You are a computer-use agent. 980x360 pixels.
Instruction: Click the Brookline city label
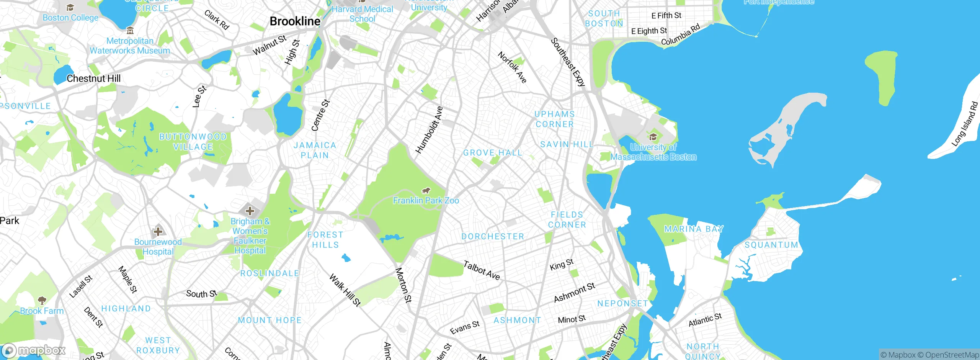(x=295, y=21)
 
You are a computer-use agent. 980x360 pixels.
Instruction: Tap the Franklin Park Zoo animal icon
(x=426, y=191)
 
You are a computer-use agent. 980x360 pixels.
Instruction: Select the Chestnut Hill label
(x=93, y=79)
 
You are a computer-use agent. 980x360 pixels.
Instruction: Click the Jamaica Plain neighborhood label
(x=315, y=150)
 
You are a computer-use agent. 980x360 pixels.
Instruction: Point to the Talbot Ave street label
(x=482, y=270)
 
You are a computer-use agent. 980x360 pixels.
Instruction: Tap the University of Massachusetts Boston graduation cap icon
(x=653, y=137)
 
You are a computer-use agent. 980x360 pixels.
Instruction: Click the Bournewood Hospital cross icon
(x=158, y=231)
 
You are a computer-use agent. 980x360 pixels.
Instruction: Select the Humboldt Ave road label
(x=429, y=130)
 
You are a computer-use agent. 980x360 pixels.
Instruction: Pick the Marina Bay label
(x=694, y=229)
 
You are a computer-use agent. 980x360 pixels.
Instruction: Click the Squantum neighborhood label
(x=771, y=245)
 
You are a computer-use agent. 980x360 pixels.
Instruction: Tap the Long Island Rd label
(x=965, y=124)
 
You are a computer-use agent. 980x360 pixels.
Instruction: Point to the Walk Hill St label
(x=345, y=290)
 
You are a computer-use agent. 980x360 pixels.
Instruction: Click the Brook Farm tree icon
(x=42, y=300)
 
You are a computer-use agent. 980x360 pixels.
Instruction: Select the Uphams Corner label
(x=555, y=119)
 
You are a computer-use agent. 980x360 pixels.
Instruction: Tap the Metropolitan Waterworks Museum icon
(x=130, y=31)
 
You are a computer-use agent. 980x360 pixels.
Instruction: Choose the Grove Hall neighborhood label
(x=493, y=153)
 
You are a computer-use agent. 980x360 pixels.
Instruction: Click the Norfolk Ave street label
(x=512, y=67)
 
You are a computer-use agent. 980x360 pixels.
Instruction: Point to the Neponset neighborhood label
(x=622, y=304)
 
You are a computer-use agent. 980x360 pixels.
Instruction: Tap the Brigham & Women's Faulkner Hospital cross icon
(x=250, y=211)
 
